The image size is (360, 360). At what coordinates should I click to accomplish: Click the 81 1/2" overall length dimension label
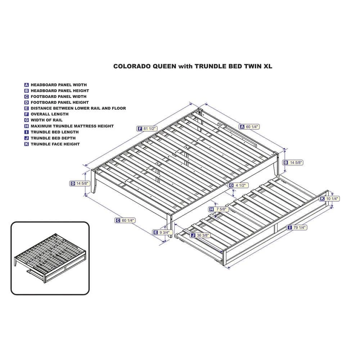(x=147, y=129)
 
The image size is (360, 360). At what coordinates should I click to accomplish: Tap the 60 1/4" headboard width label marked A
(x=249, y=126)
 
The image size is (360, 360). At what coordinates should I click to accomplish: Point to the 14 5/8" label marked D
(x=80, y=184)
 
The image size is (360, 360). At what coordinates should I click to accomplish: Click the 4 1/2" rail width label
(x=238, y=185)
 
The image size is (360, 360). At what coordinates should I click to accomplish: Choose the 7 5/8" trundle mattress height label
(x=219, y=209)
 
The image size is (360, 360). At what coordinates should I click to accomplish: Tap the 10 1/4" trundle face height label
(x=329, y=199)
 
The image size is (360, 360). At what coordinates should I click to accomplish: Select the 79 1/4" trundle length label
(x=297, y=228)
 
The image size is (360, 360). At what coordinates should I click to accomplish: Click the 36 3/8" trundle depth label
(x=200, y=235)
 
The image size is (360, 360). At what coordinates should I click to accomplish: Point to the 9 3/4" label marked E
(x=163, y=232)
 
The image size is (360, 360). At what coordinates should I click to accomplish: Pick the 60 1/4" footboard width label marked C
(x=125, y=220)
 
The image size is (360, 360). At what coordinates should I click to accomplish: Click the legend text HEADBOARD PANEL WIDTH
(x=59, y=85)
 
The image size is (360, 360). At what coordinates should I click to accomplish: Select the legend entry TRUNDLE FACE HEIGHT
(x=55, y=144)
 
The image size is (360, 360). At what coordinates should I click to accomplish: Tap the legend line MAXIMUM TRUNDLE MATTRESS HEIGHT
(x=72, y=126)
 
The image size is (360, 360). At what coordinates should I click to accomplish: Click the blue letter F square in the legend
(x=27, y=114)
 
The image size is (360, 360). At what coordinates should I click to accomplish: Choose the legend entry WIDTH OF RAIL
(x=46, y=120)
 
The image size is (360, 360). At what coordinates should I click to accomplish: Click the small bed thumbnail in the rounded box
(x=50, y=258)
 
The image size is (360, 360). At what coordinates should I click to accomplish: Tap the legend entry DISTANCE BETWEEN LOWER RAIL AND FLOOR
(x=78, y=108)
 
